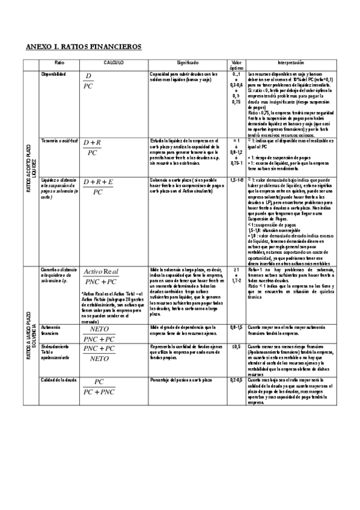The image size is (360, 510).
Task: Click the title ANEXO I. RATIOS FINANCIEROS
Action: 84,46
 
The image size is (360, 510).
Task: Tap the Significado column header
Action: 188,63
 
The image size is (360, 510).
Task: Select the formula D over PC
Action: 90,82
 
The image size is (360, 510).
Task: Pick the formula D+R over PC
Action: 93,147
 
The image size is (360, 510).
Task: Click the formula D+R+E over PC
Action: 98,186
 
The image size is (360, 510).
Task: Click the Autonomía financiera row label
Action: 50,330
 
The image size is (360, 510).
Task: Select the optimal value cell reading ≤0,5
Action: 236,348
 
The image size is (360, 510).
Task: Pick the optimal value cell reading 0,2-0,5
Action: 236,381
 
